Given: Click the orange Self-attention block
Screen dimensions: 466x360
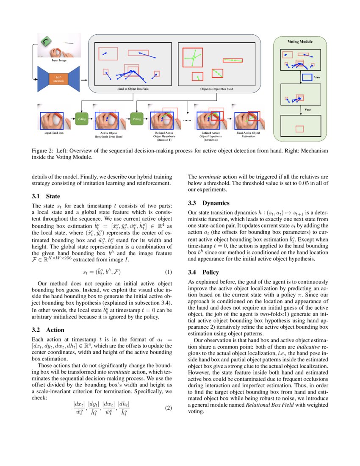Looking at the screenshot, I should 56,79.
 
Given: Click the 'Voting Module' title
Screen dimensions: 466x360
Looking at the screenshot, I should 300,42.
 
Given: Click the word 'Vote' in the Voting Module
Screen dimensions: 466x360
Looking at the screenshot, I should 308,110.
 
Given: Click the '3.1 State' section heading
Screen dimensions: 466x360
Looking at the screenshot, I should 46,196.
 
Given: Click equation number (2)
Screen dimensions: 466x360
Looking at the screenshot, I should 168,408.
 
